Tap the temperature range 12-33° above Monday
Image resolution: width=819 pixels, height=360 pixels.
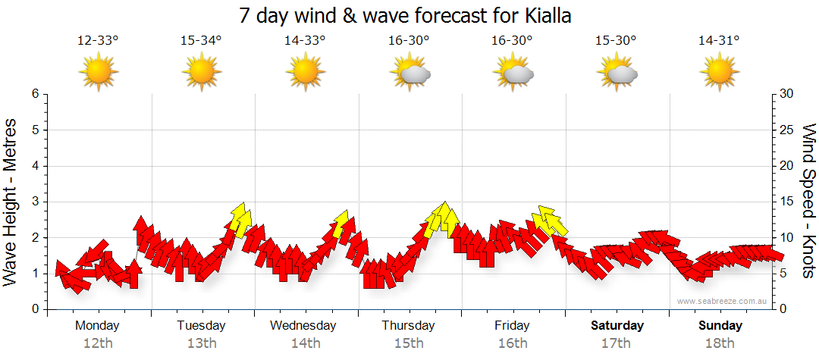98,41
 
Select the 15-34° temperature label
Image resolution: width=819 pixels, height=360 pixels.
201,41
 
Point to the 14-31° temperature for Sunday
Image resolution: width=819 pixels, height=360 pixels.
719,41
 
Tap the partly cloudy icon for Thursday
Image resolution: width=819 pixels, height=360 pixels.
409,73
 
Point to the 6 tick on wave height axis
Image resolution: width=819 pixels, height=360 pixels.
34,94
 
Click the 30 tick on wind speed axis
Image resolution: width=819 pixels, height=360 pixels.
787,94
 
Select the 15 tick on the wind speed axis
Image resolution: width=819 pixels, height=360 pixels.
787,202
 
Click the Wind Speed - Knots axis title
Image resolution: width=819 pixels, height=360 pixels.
808,201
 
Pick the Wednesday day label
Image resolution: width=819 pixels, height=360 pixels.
303,326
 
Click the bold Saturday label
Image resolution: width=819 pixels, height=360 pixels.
617,326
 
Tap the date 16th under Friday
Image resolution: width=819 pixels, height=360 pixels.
513,343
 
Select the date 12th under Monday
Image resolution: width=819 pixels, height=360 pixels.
98,343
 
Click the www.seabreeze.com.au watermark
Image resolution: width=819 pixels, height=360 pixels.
723,301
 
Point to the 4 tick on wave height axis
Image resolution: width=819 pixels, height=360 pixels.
34,166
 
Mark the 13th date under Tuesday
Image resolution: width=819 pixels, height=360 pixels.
201,343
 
